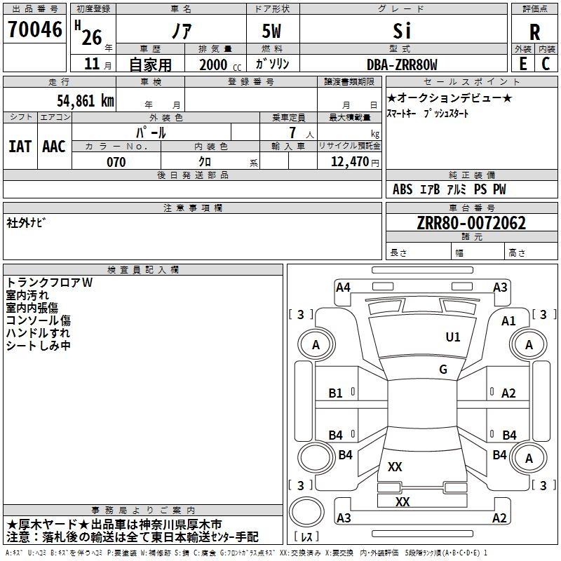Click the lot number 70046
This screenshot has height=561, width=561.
pyautogui.click(x=35, y=29)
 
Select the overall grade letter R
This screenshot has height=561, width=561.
pyautogui.click(x=534, y=32)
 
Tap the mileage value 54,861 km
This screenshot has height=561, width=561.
pyautogui.click(x=86, y=101)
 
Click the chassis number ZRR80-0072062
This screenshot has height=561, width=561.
pyautogui.click(x=471, y=223)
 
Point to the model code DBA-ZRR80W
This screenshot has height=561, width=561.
pyautogui.click(x=402, y=65)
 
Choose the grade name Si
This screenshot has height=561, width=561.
pyautogui.click(x=402, y=31)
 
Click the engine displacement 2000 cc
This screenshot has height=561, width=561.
pyautogui.click(x=220, y=65)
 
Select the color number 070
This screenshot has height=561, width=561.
pyautogui.click(x=116, y=162)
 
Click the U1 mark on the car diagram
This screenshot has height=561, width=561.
pyautogui.click(x=453, y=337)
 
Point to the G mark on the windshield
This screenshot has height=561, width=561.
pyautogui.click(x=443, y=369)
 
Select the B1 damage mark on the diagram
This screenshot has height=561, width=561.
pyautogui.click(x=336, y=393)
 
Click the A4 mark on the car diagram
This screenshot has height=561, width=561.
pyautogui.click(x=343, y=288)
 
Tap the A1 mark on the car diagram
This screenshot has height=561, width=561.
pyautogui.click(x=508, y=321)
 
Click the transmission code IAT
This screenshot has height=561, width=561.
pyautogui.click(x=20, y=147)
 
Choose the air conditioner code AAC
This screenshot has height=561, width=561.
pyautogui.click(x=54, y=147)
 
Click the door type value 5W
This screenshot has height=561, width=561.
pyautogui.click(x=271, y=31)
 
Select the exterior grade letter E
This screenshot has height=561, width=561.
pyautogui.click(x=523, y=64)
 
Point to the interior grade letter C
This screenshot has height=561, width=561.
pyautogui.click(x=546, y=64)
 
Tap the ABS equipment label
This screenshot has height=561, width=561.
pyautogui.click(x=403, y=189)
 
